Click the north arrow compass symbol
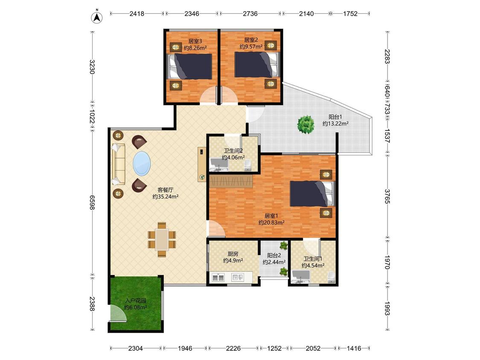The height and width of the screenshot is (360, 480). click(x=97, y=17)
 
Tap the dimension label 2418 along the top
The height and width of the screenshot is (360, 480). click(x=137, y=14)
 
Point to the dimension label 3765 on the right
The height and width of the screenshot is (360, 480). click(x=387, y=196)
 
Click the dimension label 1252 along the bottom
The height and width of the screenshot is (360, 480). click(x=274, y=348)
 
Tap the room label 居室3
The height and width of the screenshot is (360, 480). click(x=195, y=41)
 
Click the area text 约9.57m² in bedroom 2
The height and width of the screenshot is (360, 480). click(x=251, y=47)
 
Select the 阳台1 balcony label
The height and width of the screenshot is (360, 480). click(x=335, y=117)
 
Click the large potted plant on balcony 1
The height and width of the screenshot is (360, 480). click(x=306, y=124)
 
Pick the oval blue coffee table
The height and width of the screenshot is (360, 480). click(x=142, y=163)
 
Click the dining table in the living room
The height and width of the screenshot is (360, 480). click(x=162, y=239)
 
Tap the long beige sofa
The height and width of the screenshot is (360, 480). click(x=119, y=164)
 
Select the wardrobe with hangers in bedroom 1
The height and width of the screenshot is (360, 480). click(x=231, y=181)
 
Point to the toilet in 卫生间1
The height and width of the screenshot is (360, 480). click(x=331, y=277)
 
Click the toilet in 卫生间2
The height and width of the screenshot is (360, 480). click(x=247, y=165)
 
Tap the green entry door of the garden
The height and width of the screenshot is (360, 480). click(x=118, y=313)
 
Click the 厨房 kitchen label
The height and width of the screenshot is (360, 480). click(x=233, y=254)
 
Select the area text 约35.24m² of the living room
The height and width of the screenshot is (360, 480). click(x=166, y=197)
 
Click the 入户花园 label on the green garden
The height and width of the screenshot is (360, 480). click(x=136, y=301)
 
